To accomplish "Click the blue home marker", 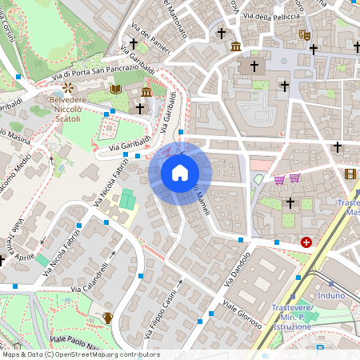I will click(180, 173).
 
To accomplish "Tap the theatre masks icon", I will click(304, 35).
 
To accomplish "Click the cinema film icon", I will click(350, 173).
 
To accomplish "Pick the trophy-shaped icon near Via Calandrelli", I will click(107, 318).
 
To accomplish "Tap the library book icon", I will click(117, 90).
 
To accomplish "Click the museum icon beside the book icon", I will click(148, 91).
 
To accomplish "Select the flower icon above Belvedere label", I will click(68, 87).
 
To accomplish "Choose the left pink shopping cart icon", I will click(279, 179).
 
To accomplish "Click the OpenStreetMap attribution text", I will click(80, 354).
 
